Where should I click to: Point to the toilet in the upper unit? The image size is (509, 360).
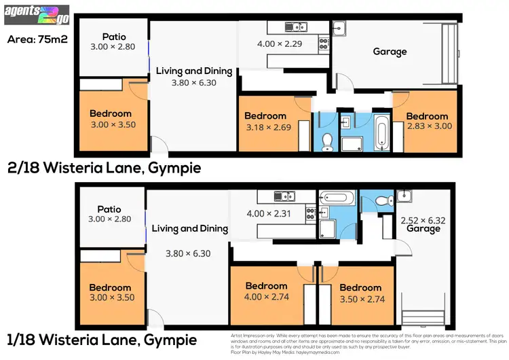pyautogui.click(x=326, y=141)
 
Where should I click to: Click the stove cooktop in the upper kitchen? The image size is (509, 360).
pyautogui.click(x=323, y=41)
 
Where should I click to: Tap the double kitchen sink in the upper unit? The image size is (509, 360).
pyautogui.click(x=295, y=27)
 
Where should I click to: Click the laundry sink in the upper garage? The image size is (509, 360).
pyautogui.click(x=341, y=28)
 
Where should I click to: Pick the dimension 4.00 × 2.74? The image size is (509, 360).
pyautogui.click(x=266, y=297)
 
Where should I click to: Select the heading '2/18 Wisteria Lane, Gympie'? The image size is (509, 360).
pyautogui.click(x=104, y=168)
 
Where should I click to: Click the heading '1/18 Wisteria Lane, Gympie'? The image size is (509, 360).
pyautogui.click(x=102, y=339)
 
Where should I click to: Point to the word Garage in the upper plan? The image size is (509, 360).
pyautogui.click(x=390, y=52)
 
